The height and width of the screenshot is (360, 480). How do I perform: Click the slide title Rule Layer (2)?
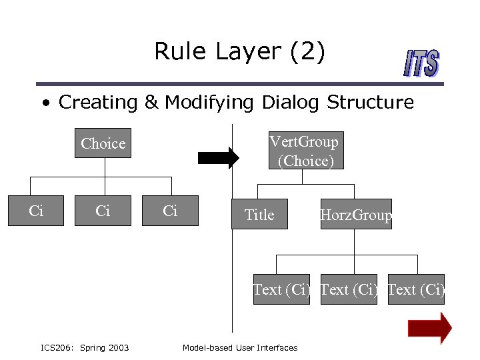click(239, 51)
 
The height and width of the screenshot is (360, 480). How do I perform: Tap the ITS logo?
click(421, 65)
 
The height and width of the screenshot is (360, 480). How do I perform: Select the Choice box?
click(103, 143)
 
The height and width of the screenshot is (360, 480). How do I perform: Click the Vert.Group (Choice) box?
click(303, 151)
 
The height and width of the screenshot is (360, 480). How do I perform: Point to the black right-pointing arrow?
click(218, 157)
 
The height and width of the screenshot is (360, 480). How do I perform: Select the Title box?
click(259, 215)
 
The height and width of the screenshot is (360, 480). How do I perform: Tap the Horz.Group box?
click(356, 215)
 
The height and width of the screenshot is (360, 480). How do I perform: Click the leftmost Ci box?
click(36, 211)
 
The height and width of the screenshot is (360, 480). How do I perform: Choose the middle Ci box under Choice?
click(103, 211)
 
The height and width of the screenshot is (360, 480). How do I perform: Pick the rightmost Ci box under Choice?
click(170, 211)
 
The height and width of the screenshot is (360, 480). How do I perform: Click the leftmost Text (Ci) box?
click(281, 289)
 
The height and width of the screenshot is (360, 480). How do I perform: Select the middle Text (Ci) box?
click(349, 289)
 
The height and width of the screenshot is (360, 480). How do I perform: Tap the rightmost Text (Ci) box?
click(416, 289)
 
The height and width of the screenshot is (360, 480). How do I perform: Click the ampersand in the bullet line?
click(151, 103)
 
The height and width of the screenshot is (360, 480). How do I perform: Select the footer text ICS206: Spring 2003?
click(85, 347)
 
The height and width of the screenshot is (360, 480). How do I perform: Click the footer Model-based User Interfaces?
click(240, 347)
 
